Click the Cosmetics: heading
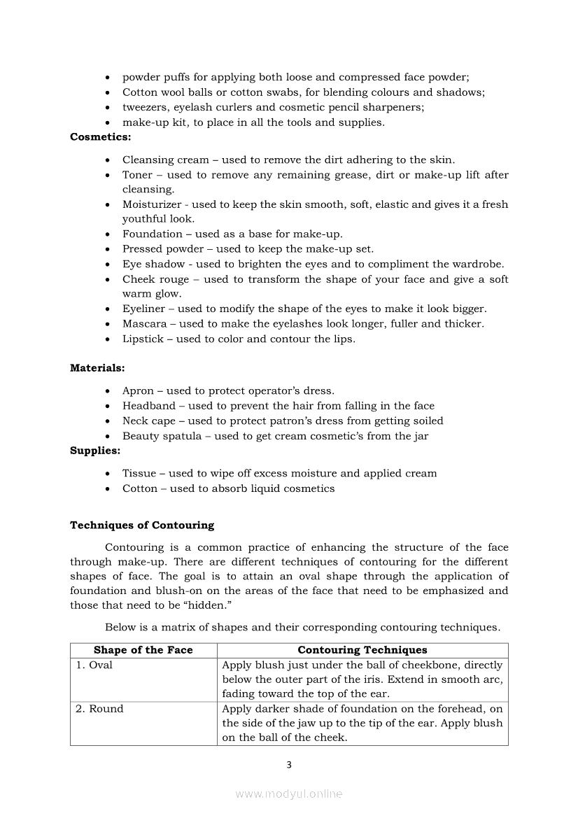tap(100, 137)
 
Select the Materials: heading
tap(97, 367)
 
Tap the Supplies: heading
tap(95, 451)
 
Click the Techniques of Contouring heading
tap(142, 525)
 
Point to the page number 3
tap(289, 765)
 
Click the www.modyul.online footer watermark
tap(289, 794)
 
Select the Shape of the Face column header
tap(143, 650)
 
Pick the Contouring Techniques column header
tap(362, 650)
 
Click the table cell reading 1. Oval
tap(94, 665)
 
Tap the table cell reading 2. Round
tap(99, 709)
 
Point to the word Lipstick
tap(143, 339)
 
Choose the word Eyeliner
tap(144, 309)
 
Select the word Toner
tap(138, 175)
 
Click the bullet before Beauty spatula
tap(107, 436)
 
